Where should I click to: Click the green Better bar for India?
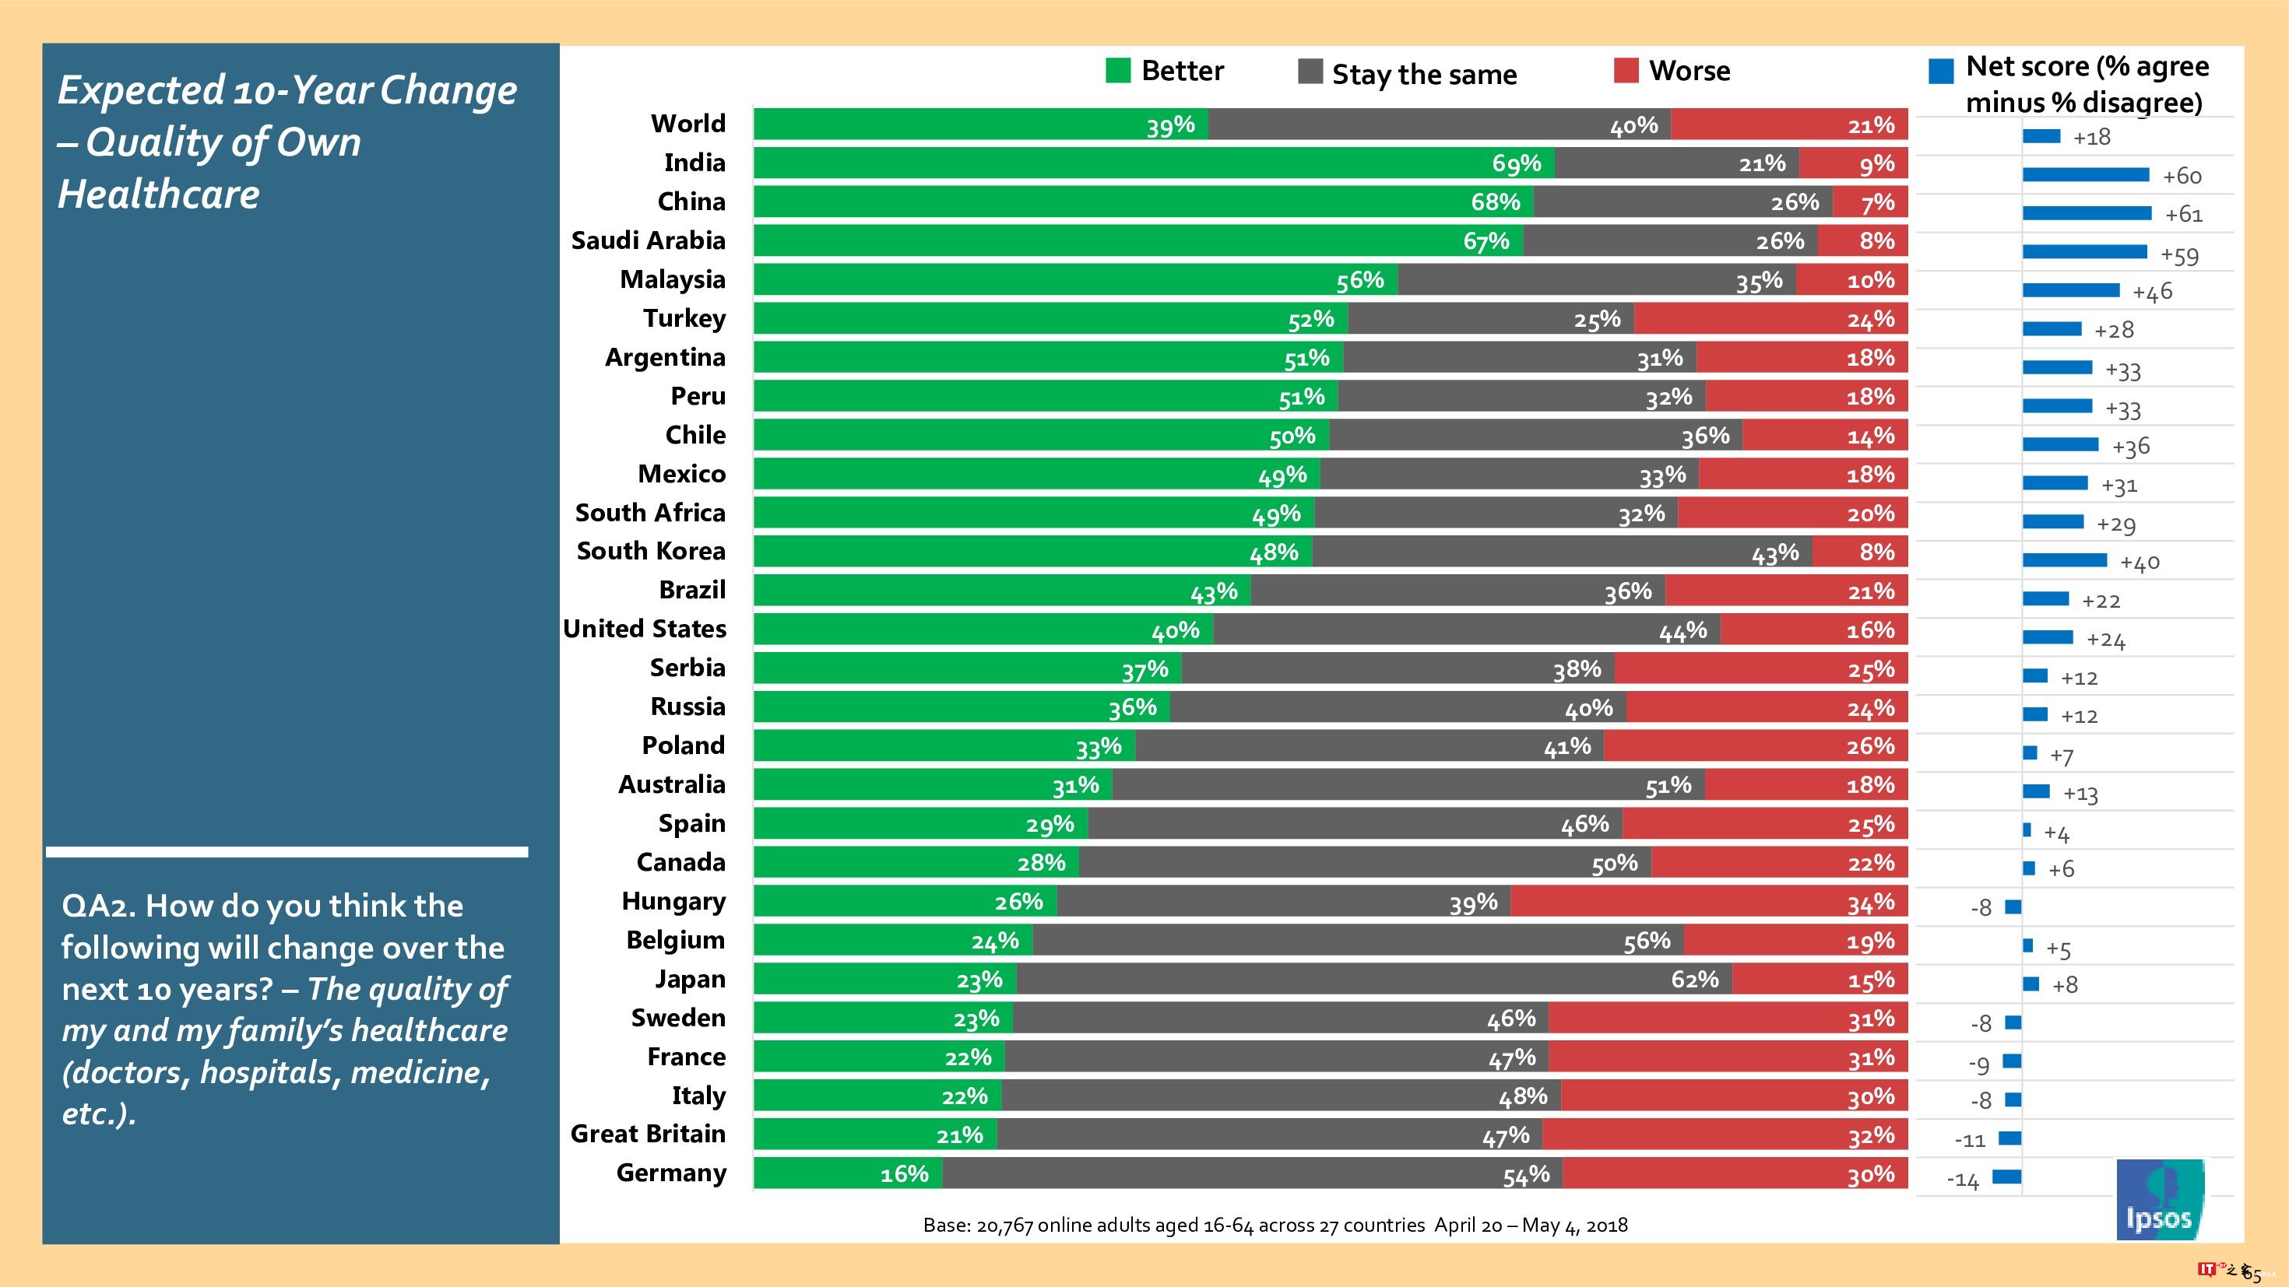coord(1153,163)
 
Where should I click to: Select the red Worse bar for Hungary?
coord(1708,903)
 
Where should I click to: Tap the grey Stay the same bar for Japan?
coord(1373,980)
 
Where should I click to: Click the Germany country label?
coord(671,1173)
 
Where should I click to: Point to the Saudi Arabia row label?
coord(648,240)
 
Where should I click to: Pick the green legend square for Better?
coord(1118,70)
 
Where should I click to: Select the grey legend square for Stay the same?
coord(1310,71)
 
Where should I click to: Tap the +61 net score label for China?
coord(2183,215)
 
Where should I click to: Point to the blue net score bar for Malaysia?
coord(2070,290)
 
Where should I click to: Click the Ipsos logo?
coord(2159,1199)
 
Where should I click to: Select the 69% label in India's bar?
coord(1516,163)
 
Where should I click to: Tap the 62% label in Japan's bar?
coord(1694,980)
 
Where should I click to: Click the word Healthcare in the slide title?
coord(158,195)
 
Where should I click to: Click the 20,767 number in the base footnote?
coord(1005,1226)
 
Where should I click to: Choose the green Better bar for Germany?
coord(848,1173)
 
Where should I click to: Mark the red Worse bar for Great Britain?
coord(1724,1135)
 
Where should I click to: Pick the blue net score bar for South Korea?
coord(2064,560)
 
